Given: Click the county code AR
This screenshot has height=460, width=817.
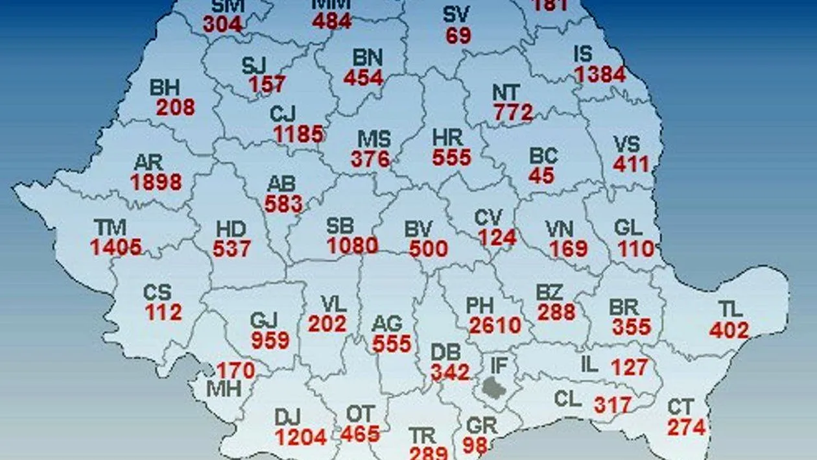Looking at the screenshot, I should [x=148, y=162].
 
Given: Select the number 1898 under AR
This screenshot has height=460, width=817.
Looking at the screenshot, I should [x=156, y=182].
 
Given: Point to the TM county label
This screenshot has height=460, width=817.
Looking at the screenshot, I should [x=110, y=227].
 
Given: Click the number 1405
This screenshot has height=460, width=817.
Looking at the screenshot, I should [x=116, y=247].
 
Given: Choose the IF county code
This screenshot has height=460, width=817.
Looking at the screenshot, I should [x=499, y=365].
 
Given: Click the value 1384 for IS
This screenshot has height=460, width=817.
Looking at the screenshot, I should [x=600, y=75].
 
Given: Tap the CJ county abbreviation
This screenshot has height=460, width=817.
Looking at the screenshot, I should [x=283, y=114].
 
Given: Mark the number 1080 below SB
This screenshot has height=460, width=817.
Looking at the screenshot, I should [x=352, y=246].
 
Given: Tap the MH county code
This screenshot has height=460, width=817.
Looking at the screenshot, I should [x=224, y=389].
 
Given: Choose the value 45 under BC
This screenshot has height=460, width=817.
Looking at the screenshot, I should [x=541, y=176].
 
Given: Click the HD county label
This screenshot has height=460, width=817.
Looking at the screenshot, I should [x=231, y=228].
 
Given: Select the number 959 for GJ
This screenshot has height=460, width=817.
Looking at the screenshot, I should [x=270, y=340].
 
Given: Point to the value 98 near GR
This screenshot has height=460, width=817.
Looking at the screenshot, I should [x=475, y=445].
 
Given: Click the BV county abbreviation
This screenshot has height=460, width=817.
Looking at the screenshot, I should [x=419, y=228].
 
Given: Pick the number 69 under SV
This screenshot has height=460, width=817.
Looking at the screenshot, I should [x=458, y=35].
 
